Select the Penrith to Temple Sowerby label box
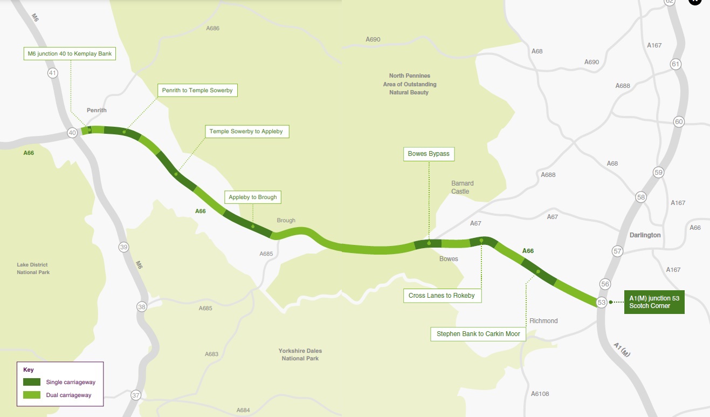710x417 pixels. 197,90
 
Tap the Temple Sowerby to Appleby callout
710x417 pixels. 246,132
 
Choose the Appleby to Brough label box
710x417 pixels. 252,197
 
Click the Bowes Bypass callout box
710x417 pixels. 429,154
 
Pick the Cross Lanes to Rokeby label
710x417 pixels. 442,296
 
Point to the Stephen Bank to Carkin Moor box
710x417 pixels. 478,334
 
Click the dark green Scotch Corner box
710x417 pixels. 654,302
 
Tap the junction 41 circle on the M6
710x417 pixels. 52,73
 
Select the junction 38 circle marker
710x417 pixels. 142,307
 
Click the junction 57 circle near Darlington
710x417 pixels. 617,251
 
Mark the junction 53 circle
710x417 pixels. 602,303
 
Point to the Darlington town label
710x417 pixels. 645,235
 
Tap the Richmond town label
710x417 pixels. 543,321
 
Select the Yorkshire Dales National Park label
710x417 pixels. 300,354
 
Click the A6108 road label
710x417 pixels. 540,394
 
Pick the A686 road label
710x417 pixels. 213,28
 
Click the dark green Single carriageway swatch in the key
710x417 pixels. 32,382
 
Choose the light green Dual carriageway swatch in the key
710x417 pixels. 32,395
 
